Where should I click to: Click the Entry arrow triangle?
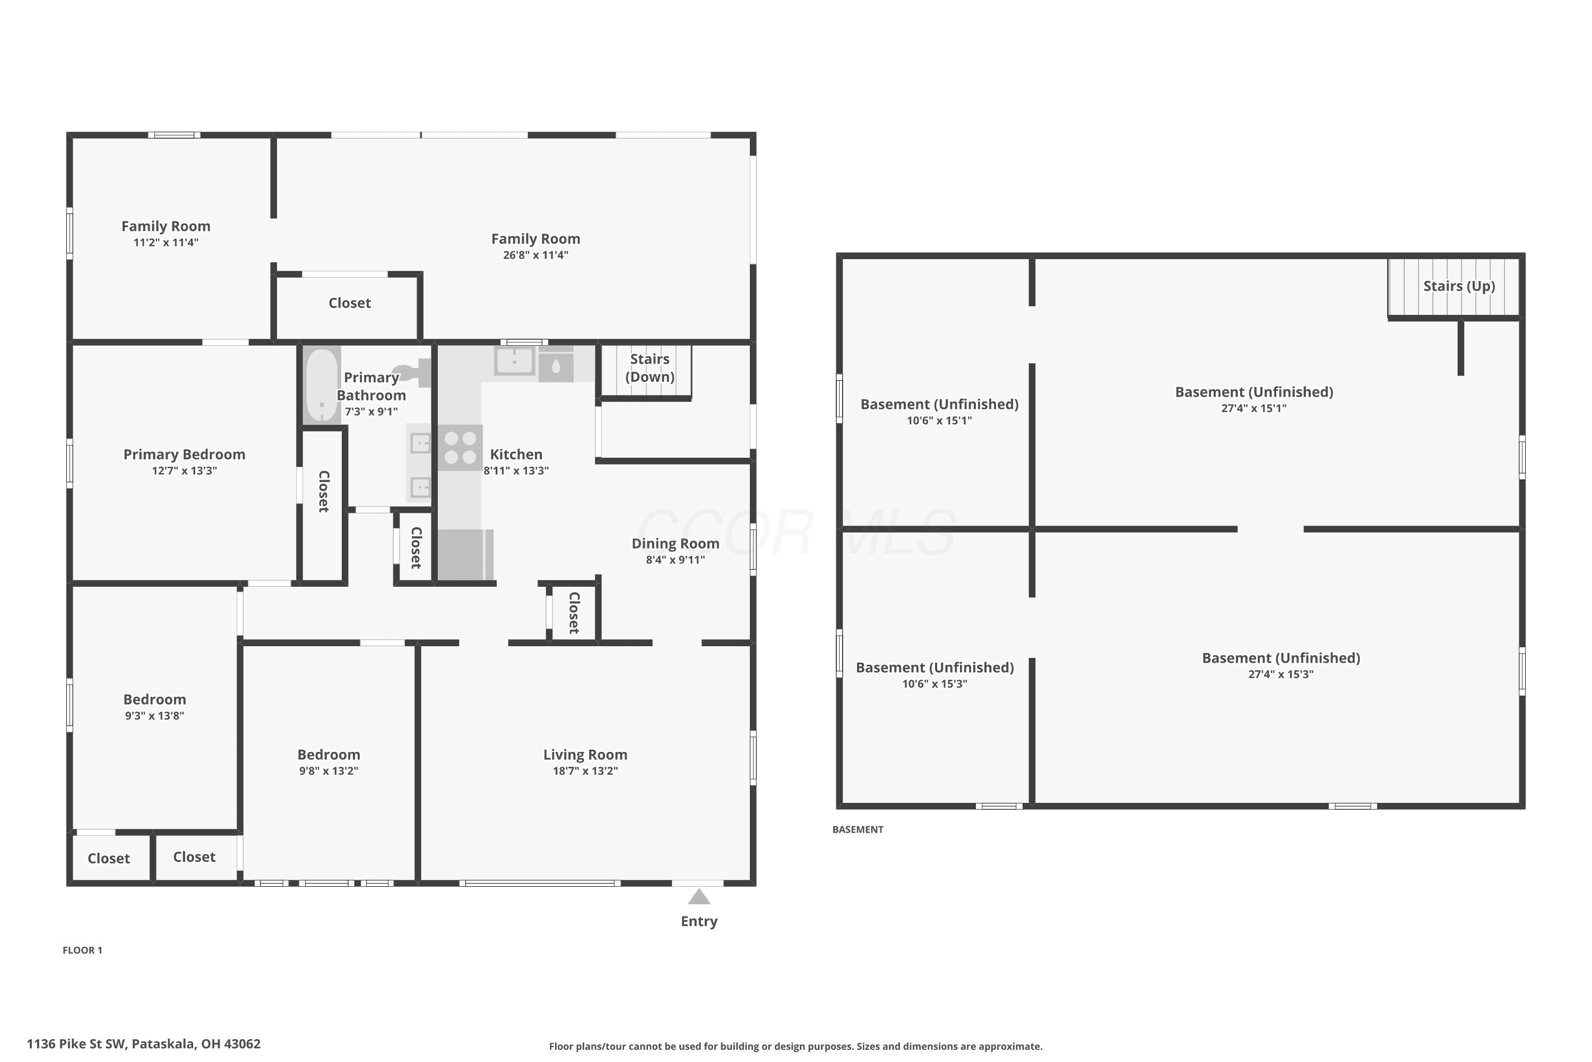tap(699, 897)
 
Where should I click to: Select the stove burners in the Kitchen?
tap(460, 448)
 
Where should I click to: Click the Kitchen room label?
tap(516, 455)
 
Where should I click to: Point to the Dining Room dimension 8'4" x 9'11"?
tap(676, 560)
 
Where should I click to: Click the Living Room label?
tap(585, 755)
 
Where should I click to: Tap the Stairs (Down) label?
tap(650, 368)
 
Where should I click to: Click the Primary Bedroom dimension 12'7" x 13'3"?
tap(184, 470)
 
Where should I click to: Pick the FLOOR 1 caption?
tap(83, 950)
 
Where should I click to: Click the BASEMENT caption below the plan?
tap(858, 829)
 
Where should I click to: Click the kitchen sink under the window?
tap(514, 361)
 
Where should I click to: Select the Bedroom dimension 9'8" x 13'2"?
tap(329, 771)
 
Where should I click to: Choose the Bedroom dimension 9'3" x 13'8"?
tap(154, 716)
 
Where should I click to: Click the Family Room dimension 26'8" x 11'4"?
tap(535, 255)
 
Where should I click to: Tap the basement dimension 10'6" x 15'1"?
tap(939, 421)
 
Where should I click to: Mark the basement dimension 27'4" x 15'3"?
tap(1280, 674)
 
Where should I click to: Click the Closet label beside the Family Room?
tap(349, 303)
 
